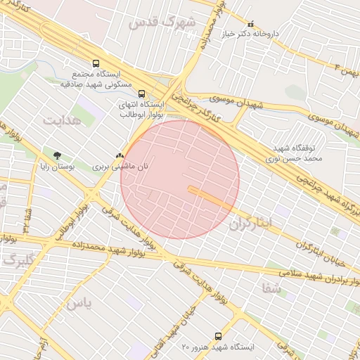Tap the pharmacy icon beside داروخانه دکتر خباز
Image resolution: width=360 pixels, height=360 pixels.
(x=251, y=24)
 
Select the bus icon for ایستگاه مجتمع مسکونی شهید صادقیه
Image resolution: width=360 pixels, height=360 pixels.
(x=96, y=63)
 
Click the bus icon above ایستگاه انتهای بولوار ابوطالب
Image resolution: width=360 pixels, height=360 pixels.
(x=142, y=94)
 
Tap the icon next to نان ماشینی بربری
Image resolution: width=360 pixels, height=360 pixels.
(x=120, y=156)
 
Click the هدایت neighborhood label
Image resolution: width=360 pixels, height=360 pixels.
(x=62, y=120)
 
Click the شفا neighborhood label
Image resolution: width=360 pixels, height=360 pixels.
(x=271, y=288)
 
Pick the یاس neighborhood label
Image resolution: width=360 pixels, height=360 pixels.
(x=77, y=303)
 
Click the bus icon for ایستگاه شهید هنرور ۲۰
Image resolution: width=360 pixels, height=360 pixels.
(x=217, y=336)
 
